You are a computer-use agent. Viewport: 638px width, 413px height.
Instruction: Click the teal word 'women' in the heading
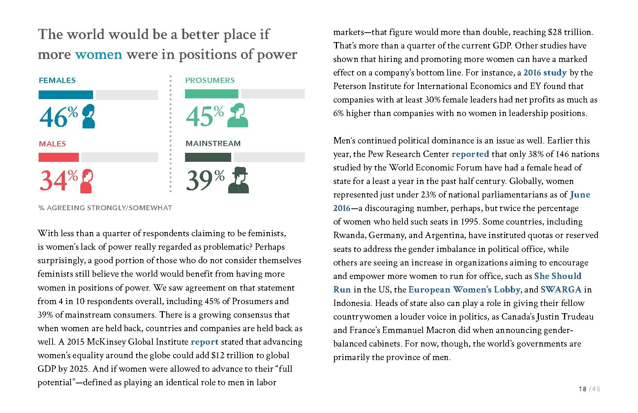pos(98,55)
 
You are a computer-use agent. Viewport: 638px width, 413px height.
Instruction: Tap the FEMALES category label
pos(57,80)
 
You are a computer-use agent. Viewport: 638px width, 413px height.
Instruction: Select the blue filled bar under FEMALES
pos(66,95)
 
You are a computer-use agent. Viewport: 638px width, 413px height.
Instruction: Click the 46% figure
pos(59,117)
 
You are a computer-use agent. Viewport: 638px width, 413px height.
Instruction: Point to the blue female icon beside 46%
pos(88,116)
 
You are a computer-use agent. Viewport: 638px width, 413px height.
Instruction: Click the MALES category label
pos(52,144)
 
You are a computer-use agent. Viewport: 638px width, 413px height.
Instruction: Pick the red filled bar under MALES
pos(59,157)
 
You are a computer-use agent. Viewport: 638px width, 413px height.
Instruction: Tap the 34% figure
pos(59,181)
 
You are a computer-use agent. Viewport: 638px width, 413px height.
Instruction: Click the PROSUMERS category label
pos(210,80)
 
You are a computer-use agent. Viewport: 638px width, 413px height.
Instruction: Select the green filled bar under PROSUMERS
pos(211,94)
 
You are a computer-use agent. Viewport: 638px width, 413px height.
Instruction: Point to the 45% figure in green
pos(205,116)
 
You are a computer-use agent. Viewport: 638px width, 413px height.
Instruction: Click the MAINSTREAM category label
pos(213,143)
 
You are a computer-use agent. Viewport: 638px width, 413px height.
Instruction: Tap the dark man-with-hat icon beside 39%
pos(238,180)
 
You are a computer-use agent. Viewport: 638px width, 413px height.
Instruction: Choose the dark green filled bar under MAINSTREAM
pos(208,157)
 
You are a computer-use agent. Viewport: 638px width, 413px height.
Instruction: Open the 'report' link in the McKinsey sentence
pos(205,342)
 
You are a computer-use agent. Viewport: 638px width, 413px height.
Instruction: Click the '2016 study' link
pos(545,73)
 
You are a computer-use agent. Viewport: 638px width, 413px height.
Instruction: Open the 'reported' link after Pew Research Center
pos(470,154)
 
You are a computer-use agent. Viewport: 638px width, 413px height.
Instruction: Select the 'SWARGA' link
pos(561,290)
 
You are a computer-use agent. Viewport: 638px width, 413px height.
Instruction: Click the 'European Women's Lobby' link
pos(464,290)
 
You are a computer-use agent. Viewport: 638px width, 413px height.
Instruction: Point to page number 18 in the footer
pos(582,389)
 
